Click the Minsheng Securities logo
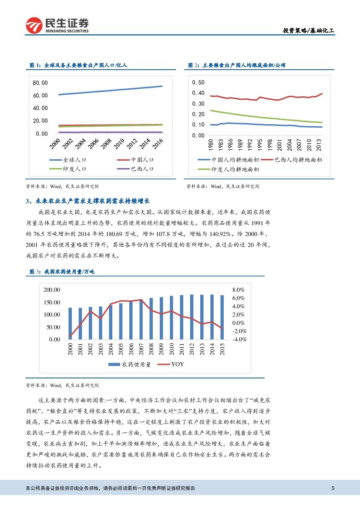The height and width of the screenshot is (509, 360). (x=57, y=26)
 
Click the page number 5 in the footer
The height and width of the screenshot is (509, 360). (x=333, y=488)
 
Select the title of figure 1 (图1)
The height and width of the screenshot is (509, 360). (x=78, y=65)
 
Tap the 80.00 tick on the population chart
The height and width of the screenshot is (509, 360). (x=40, y=83)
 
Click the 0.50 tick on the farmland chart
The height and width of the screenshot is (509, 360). (x=198, y=82)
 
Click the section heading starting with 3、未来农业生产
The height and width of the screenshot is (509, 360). (x=87, y=201)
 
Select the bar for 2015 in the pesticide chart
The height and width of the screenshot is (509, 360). (x=222, y=317)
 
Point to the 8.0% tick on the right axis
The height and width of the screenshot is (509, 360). (x=239, y=290)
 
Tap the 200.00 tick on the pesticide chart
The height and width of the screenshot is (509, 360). (x=52, y=290)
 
